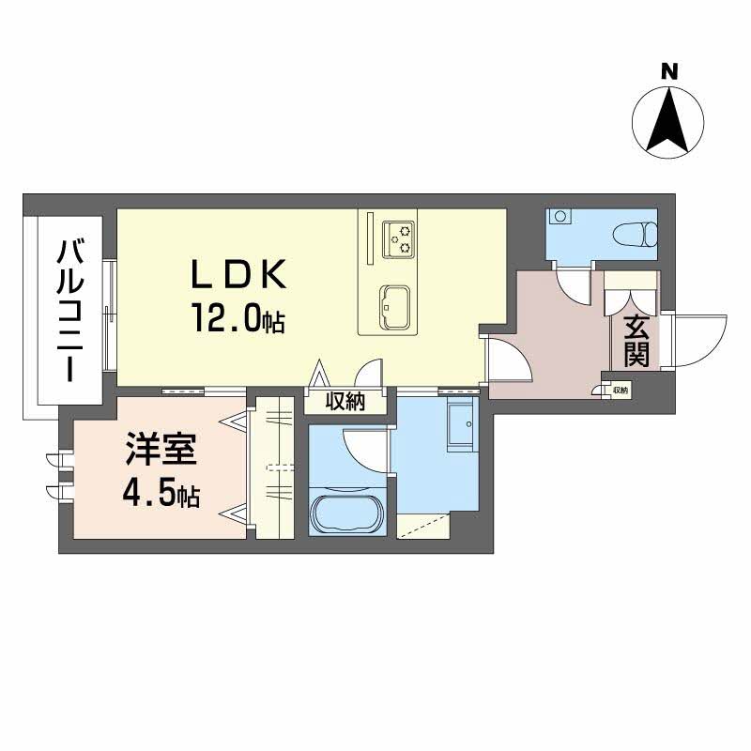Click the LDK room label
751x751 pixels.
tap(238, 273)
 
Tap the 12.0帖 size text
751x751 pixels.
tap(238, 317)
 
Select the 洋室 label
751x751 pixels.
tap(161, 449)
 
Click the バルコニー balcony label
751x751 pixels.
tap(69, 312)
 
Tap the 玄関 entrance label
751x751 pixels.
tap(636, 342)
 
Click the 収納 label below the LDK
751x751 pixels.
tap(345, 402)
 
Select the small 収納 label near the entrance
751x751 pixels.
tap(620, 391)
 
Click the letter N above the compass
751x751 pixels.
tap(669, 72)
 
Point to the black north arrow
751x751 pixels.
tap(667, 119)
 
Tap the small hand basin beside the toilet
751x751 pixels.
tap(559, 216)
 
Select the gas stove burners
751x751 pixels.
tap(397, 239)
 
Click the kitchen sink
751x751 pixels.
tap(394, 308)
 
